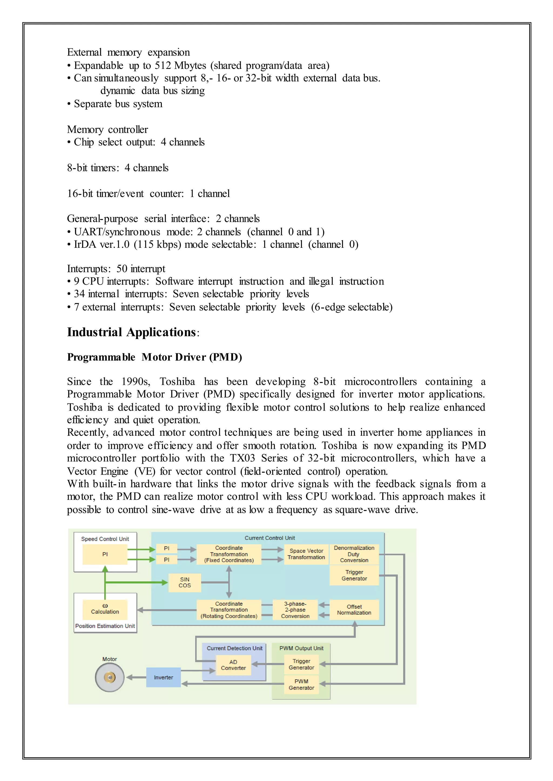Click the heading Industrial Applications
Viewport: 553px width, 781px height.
(131, 332)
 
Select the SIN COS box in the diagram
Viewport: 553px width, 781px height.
(185, 582)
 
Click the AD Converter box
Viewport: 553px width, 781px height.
(233, 665)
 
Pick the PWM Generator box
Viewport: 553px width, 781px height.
(301, 684)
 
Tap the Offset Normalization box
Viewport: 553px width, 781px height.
(354, 609)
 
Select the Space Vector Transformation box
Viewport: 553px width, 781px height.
(306, 554)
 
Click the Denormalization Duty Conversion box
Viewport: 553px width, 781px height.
(354, 554)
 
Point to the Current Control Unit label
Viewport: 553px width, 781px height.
(270, 538)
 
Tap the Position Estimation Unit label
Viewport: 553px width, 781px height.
(105, 626)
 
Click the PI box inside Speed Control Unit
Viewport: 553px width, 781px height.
(105, 554)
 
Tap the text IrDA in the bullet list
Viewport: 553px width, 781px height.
(85, 245)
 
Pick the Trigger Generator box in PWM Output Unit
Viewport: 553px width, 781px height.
(301, 664)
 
